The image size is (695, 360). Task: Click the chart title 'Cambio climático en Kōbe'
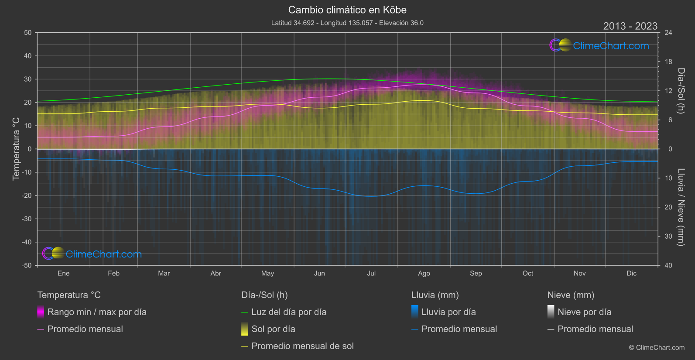pos(347,10)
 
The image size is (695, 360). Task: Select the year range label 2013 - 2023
pos(630,26)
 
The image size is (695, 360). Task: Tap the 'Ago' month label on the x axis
pos(424,274)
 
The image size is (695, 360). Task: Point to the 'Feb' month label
pos(113,274)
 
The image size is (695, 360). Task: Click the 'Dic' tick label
pos(631,274)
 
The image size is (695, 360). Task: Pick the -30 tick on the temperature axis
pos(27,219)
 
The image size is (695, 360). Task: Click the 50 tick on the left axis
pos(28,33)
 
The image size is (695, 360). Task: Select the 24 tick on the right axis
pos(668,33)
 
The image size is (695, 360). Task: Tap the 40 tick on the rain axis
pos(668,265)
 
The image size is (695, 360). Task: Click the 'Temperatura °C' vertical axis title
pos(16,149)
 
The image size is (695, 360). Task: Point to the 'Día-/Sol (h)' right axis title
pos(681,91)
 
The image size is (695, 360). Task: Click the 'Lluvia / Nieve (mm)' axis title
pos(681,207)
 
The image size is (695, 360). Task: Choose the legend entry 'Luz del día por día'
pos(288,312)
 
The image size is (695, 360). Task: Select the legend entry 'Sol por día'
pos(273,329)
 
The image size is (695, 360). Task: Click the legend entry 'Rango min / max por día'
pos(96,312)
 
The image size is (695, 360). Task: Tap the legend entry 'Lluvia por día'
pos(448,312)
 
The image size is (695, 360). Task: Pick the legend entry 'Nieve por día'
pos(584,312)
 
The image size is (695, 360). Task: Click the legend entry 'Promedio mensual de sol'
pos(302,346)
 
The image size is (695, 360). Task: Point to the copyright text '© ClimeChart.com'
pos(657,348)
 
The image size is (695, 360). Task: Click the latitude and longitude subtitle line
pos(347,23)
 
